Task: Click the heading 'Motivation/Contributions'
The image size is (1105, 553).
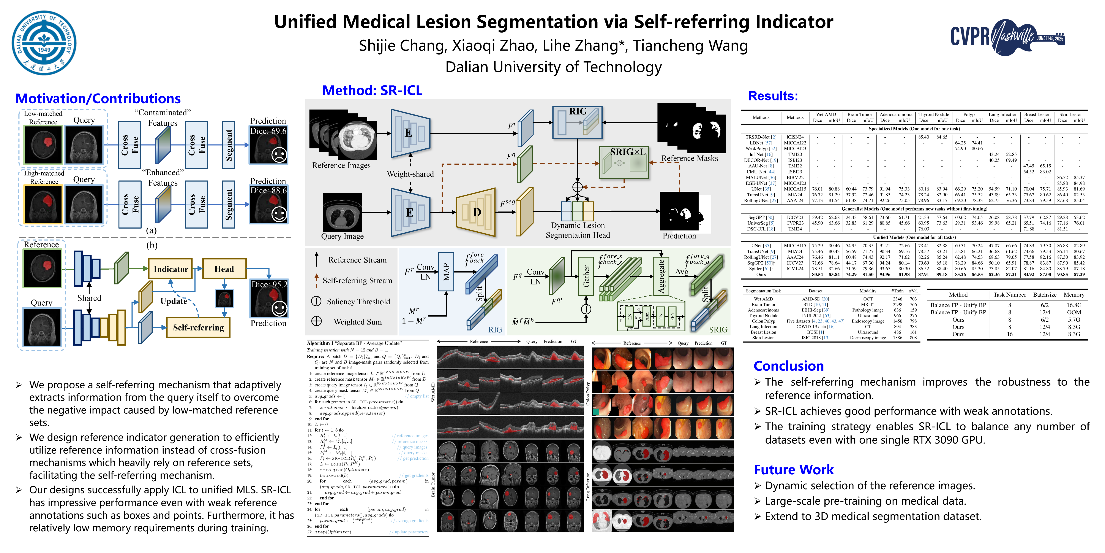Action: point(98,99)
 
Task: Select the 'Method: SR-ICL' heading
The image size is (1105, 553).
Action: point(372,91)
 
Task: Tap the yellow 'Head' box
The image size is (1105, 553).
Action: point(224,269)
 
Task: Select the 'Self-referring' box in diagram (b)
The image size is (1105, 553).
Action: point(198,328)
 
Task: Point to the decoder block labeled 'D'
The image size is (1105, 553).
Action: point(476,213)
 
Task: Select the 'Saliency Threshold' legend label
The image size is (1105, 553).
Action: point(358,302)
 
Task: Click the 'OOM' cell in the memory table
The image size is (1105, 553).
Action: point(1074,313)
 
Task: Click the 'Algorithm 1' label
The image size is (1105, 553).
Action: point(318,343)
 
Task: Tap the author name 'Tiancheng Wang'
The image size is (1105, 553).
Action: point(690,46)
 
